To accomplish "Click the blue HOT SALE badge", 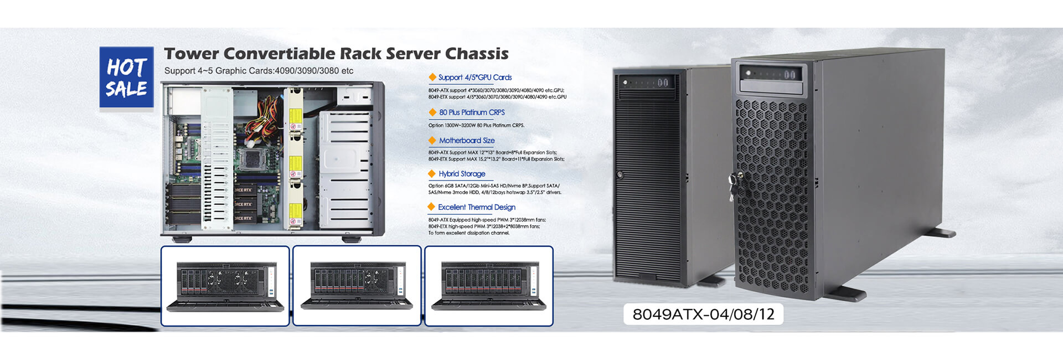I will pyautogui.click(x=126, y=78).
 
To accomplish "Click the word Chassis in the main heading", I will pyautogui.click(x=477, y=54).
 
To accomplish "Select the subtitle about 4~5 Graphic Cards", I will pyautogui.click(x=259, y=71).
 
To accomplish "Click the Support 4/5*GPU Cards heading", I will pyautogui.click(x=474, y=78).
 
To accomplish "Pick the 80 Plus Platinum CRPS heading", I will pyautogui.click(x=472, y=112).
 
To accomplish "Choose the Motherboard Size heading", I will pyautogui.click(x=467, y=141).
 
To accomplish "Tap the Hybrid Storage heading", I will pyautogui.click(x=462, y=174).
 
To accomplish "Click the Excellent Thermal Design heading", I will pyautogui.click(x=476, y=207).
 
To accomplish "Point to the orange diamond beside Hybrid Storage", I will pyautogui.click(x=432, y=174).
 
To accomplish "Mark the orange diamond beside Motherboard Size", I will pyautogui.click(x=432, y=141).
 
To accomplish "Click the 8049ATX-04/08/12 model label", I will pyautogui.click(x=703, y=314).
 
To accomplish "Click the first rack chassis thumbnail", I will pyautogui.click(x=225, y=286).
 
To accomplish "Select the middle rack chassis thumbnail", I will pyautogui.click(x=357, y=286).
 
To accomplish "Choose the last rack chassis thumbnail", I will pyautogui.click(x=488, y=286).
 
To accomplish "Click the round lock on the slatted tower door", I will pyautogui.click(x=620, y=175).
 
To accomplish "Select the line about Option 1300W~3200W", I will pyautogui.click(x=476, y=125).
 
